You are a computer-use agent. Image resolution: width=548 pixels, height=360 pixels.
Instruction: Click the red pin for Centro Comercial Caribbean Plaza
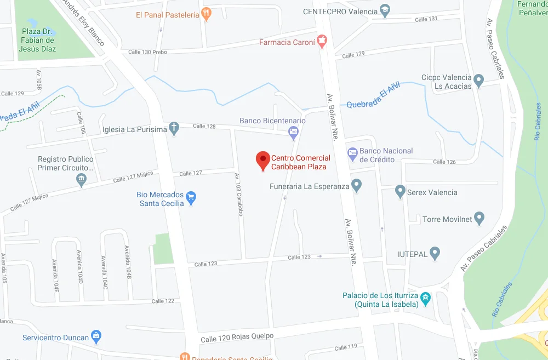coord(263,160)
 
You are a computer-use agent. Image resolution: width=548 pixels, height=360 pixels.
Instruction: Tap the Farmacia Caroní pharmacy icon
coord(322,41)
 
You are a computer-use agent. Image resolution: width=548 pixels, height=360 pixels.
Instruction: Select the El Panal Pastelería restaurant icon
coord(206,14)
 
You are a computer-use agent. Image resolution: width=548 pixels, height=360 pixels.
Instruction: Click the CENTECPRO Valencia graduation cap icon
coord(385,11)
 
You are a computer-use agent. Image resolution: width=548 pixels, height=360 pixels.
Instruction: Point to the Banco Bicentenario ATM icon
coord(294,131)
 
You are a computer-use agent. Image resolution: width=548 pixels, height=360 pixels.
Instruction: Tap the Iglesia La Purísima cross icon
coord(174,129)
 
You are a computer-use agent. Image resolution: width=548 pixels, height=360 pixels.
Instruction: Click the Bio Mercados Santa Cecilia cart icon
coord(191,198)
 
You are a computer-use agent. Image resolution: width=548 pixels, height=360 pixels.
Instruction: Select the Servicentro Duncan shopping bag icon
coord(96,335)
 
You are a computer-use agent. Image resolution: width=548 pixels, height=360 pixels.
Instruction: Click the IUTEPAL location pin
coord(435,254)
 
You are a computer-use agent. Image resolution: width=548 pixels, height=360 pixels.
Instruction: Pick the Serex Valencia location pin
coord(400,192)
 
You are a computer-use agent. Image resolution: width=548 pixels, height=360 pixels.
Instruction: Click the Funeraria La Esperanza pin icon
coord(357,186)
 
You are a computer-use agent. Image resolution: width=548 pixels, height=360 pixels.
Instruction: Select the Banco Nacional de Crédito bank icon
coord(352,154)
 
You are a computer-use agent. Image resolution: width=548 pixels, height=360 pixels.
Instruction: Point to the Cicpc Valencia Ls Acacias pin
coord(479,81)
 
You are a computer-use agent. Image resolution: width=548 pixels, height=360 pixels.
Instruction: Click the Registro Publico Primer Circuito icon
coord(82,179)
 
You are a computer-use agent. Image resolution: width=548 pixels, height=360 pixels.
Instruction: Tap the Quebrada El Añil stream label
coord(374,95)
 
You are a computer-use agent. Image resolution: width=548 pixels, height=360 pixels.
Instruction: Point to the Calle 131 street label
coord(426,19)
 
